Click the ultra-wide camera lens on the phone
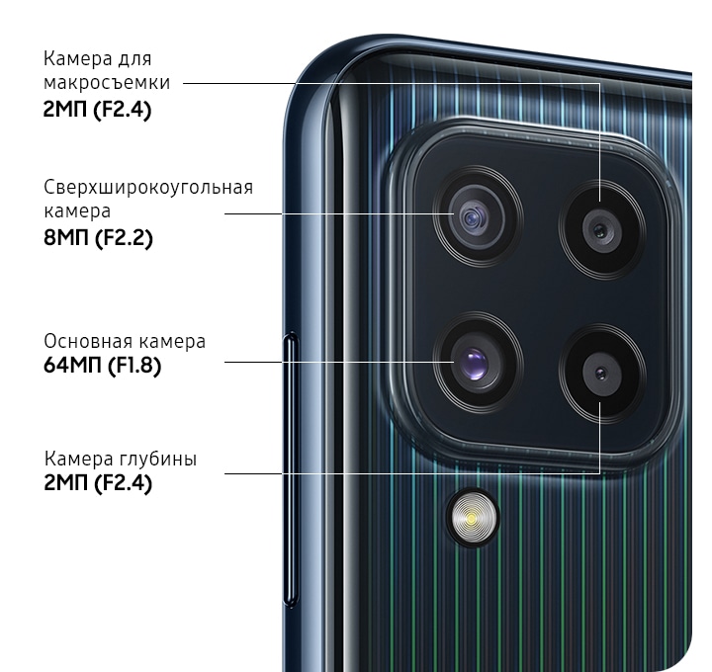click(476, 217)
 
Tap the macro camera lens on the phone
click(602, 230)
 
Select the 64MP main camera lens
click(477, 363)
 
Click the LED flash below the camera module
click(473, 518)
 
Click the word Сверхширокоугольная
click(148, 188)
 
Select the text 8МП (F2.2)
click(98, 238)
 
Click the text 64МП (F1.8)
click(103, 365)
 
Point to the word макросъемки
click(107, 83)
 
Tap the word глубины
click(158, 460)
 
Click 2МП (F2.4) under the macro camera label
click(97, 110)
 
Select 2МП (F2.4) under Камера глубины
click(98, 482)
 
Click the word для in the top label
click(134, 59)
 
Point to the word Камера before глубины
click(78, 459)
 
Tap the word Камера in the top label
click(78, 59)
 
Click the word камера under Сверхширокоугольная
click(77, 211)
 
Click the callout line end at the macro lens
click(600, 201)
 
